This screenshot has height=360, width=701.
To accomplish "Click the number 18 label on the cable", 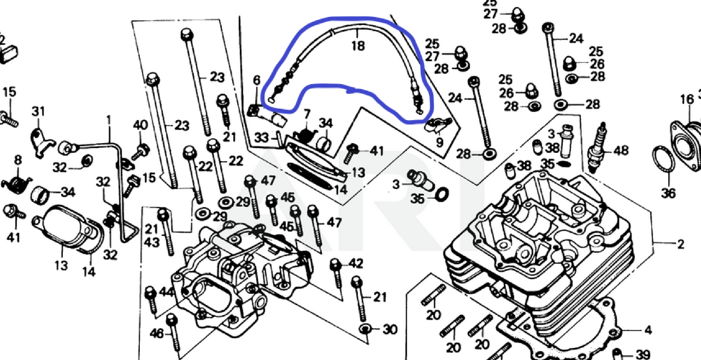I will [357, 45].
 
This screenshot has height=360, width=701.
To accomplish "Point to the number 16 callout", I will [686, 99].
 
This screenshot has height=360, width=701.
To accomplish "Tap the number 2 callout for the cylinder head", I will [680, 244].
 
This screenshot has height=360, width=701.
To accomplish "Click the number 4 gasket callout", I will [647, 330].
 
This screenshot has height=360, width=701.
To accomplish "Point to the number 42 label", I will [356, 264].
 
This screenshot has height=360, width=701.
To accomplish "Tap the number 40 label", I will [140, 125].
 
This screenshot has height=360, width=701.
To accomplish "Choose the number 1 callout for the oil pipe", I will [108, 119].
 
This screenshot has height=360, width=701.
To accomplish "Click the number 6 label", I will [256, 81].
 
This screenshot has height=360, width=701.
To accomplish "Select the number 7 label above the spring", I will [307, 114].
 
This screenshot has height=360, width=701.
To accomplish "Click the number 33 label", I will [262, 138].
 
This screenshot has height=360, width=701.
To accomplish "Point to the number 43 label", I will [152, 243].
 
